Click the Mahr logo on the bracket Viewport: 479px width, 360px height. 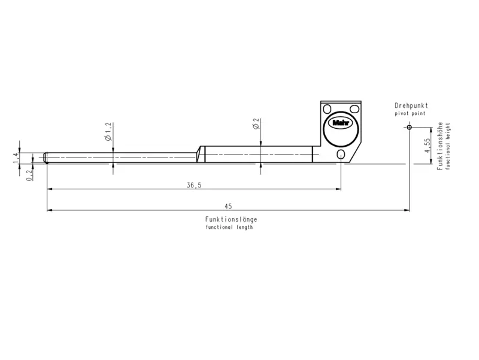coord(340,124)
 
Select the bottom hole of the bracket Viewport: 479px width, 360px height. coord(341,155)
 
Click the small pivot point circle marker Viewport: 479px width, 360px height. coord(409,127)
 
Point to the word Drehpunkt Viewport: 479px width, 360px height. coord(411,105)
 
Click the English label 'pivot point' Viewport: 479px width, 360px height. coord(410,113)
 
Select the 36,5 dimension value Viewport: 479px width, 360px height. coord(193,186)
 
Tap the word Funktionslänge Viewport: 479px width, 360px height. coord(231,220)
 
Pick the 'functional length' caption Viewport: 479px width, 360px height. coord(229,228)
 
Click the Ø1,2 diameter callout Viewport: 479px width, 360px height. coord(108,131)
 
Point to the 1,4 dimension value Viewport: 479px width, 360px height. coord(16,157)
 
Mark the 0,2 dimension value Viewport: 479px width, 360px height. coord(29,174)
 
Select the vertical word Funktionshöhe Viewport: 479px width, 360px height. coord(439,146)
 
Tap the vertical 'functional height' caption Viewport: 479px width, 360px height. coord(447,146)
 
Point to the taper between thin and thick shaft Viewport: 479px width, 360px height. coord(199,154)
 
